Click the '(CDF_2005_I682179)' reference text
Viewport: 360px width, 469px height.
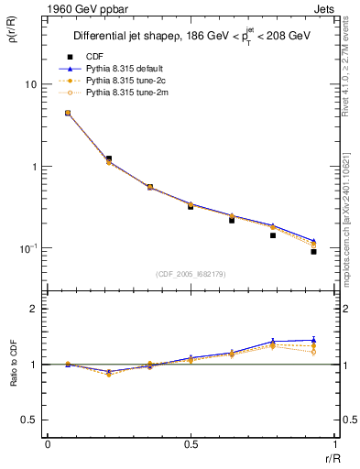(x=190, y=275)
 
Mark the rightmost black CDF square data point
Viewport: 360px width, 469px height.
(x=313, y=251)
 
